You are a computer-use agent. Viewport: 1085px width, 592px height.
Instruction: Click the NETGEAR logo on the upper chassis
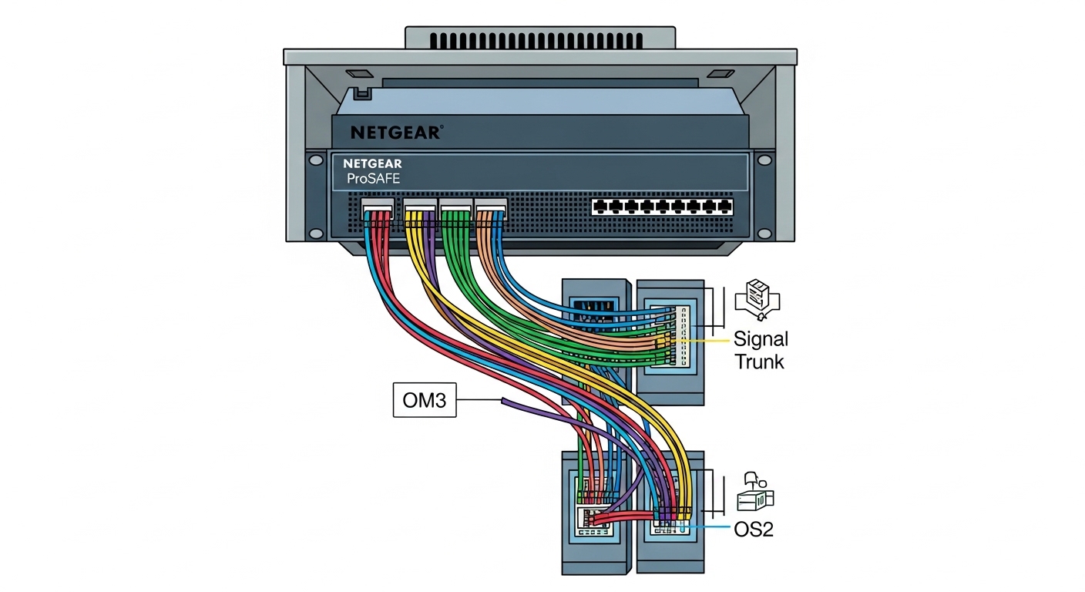tap(396, 133)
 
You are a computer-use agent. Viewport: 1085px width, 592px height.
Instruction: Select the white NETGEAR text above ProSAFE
tap(373, 164)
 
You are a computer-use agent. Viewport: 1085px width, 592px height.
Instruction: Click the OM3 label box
tap(425, 400)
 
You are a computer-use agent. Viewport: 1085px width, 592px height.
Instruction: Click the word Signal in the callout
tap(761, 339)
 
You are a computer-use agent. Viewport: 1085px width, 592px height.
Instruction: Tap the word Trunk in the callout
tap(759, 361)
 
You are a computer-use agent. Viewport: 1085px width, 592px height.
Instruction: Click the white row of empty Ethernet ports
tap(662, 206)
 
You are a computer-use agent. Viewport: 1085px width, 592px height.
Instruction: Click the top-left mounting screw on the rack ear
tap(315, 160)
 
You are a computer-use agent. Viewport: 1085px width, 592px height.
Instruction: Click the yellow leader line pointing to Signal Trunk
tap(705, 339)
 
